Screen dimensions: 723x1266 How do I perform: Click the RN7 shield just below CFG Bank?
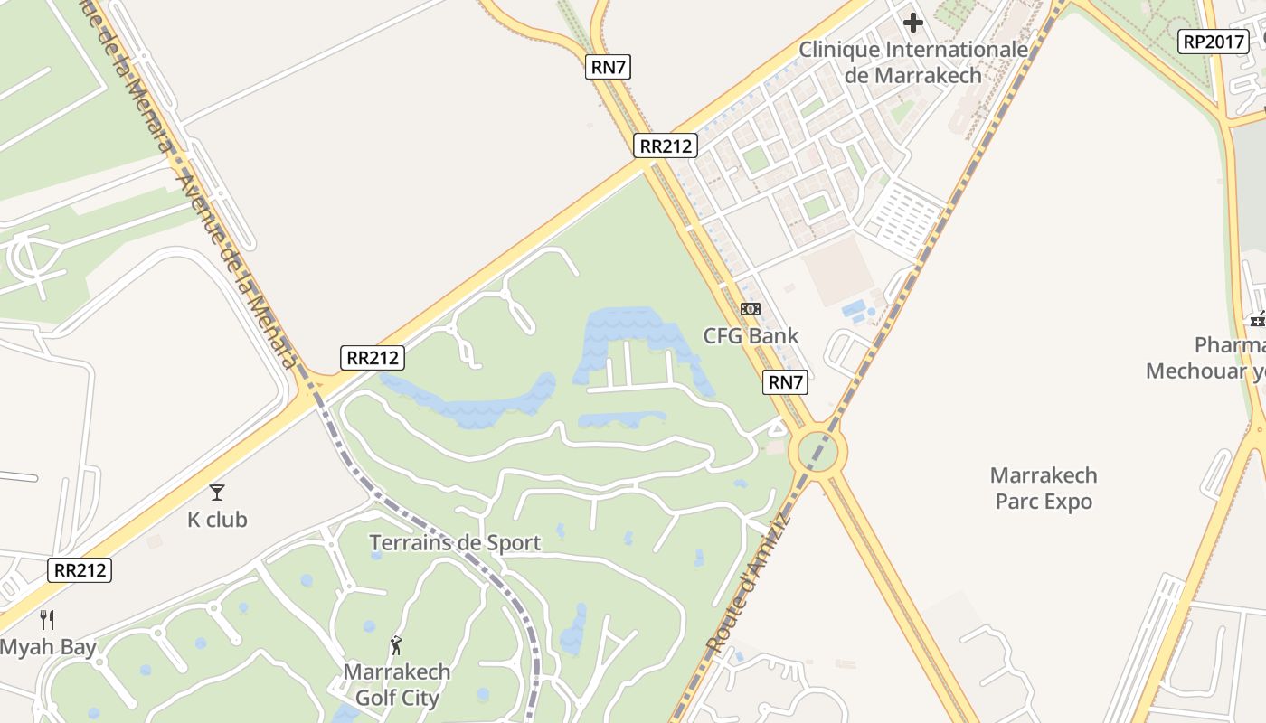tap(785, 382)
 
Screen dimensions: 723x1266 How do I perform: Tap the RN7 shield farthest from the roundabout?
tap(608, 66)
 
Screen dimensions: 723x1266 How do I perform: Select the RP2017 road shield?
tap(1214, 41)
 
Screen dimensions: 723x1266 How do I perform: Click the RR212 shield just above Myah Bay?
tap(80, 570)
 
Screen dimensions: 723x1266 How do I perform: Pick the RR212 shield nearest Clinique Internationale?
tap(665, 146)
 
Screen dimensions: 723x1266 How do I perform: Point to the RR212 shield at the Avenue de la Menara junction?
tap(373, 357)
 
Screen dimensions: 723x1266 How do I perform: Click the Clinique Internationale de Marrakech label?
tap(913, 61)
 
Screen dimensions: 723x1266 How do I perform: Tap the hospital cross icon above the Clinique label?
tap(913, 22)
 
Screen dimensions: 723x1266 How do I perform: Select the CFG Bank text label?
tap(751, 336)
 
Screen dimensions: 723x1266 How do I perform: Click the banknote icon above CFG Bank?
tap(751, 309)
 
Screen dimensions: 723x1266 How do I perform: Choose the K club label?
tap(217, 520)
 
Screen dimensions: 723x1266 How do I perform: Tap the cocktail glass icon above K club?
tap(217, 493)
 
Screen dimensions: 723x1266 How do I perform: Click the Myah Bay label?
tap(48, 647)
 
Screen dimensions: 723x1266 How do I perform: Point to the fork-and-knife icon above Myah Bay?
tap(48, 620)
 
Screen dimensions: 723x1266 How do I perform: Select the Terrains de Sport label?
tap(455, 543)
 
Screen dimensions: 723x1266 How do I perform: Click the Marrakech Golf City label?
tap(397, 685)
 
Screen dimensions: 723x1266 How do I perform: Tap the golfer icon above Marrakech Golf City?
tap(396, 645)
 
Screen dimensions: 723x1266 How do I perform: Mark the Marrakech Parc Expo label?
tap(1044, 488)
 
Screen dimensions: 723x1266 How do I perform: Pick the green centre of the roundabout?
tap(817, 451)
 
